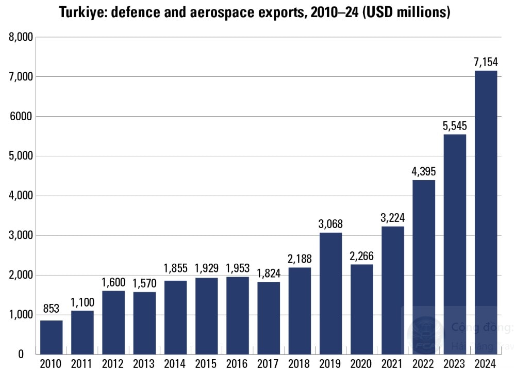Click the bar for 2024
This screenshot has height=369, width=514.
tap(486, 212)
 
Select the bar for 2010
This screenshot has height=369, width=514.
tap(52, 337)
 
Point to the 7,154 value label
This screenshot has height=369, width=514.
tap(486, 62)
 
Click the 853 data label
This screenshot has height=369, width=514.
tap(52, 309)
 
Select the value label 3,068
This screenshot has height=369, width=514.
tap(330, 224)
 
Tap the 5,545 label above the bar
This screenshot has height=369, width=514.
tap(454, 125)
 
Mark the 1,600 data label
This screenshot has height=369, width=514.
tap(113, 282)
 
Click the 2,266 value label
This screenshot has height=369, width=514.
tap(361, 256)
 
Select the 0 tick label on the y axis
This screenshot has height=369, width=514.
tap(21, 355)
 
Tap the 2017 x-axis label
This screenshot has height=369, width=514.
tap(268, 363)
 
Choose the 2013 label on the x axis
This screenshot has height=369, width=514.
tap(144, 363)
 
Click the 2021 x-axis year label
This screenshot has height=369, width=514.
tap(392, 363)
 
